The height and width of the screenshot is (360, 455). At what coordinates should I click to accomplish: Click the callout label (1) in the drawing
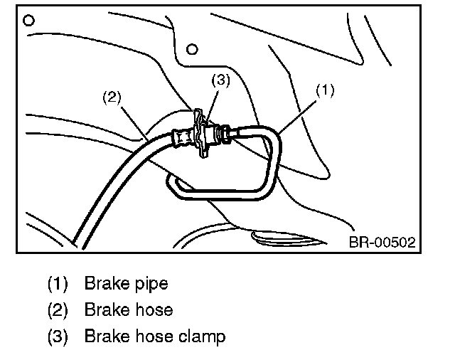[x=324, y=90]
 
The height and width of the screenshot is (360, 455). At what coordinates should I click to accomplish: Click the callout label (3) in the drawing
[x=221, y=80]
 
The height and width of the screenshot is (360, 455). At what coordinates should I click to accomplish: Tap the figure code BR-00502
[x=381, y=243]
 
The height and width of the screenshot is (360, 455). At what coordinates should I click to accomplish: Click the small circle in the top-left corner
[x=29, y=20]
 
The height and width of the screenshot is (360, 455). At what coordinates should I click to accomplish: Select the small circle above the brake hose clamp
[x=191, y=49]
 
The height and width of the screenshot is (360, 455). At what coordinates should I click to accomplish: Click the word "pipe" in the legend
[x=150, y=284]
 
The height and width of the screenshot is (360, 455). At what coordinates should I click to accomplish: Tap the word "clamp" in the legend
[x=203, y=335]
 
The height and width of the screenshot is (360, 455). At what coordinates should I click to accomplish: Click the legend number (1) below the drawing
[x=58, y=284]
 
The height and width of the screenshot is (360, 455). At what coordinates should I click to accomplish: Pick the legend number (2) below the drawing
[x=58, y=309]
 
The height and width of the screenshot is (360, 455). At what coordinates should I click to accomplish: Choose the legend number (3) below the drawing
[x=58, y=335]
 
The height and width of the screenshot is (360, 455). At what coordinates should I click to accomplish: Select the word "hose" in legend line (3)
[x=154, y=335]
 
